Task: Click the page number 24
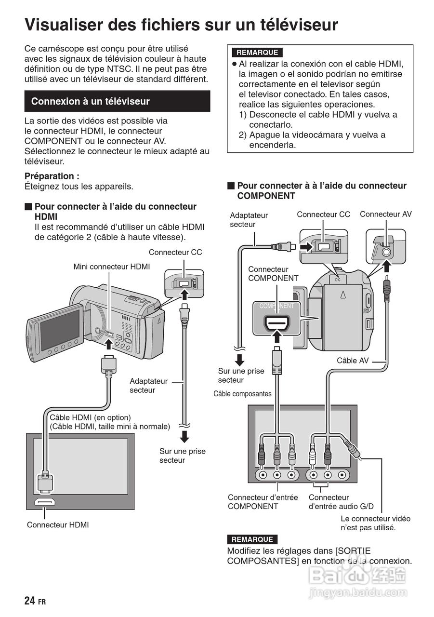(29, 600)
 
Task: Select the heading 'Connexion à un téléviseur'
(91, 101)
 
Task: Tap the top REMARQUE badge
(257, 52)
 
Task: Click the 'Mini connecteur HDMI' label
(111, 267)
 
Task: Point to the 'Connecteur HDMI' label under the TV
(58, 525)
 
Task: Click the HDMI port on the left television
(45, 502)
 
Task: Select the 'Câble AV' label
(353, 361)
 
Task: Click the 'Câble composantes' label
(242, 394)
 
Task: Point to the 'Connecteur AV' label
(385, 214)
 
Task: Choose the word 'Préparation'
(52, 176)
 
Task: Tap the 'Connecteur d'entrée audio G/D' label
(341, 502)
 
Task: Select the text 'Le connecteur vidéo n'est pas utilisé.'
(375, 523)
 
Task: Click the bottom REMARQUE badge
(252, 539)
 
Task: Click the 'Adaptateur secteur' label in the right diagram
(249, 220)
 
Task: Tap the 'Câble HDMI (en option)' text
(91, 417)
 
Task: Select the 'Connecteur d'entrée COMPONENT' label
(263, 502)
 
